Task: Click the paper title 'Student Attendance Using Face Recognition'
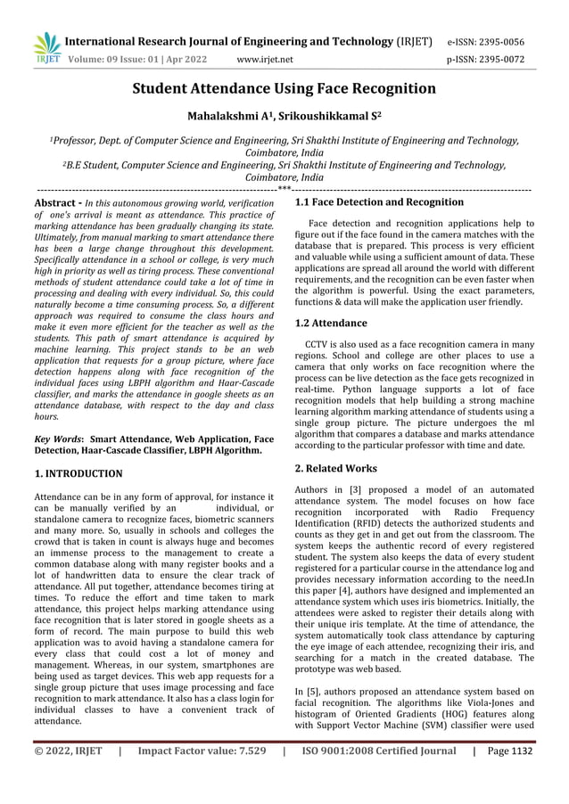284,88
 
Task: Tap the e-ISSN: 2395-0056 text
498,42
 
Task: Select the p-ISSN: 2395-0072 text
498,60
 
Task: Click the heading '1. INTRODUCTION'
78,473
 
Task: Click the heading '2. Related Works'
335,468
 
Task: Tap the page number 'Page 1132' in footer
507,751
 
